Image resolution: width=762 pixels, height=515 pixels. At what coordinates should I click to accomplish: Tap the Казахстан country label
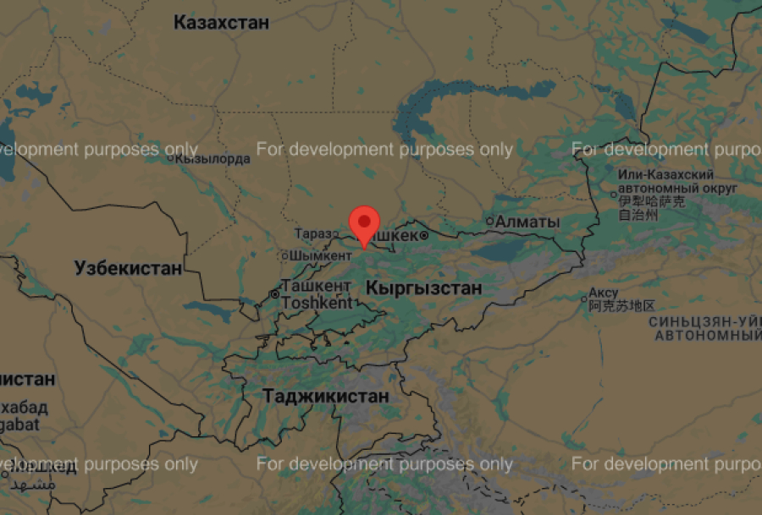[221, 23]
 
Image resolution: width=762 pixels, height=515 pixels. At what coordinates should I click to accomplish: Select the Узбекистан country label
[128, 269]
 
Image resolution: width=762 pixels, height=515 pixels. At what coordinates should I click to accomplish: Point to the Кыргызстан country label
[423, 288]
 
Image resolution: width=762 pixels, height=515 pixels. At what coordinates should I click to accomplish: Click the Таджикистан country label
[326, 396]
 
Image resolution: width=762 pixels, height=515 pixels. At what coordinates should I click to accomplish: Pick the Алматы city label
[527, 222]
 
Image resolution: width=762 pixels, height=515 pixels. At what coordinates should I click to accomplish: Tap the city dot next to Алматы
[489, 222]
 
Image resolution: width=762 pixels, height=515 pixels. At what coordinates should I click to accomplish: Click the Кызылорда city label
[213, 158]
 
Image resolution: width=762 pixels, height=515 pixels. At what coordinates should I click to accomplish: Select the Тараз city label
[312, 233]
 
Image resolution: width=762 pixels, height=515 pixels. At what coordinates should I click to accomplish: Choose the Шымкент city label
[320, 255]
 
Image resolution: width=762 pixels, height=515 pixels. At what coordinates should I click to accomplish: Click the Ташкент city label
[317, 286]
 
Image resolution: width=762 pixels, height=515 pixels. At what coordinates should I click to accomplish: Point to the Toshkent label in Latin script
[317, 302]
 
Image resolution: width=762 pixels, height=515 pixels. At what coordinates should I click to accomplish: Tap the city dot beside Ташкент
[274, 294]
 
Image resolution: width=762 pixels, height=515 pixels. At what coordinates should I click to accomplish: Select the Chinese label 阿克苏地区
[622, 306]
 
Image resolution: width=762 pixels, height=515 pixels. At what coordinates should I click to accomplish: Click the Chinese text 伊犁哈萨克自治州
[651, 209]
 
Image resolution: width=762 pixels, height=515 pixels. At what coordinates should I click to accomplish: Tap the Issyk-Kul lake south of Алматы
[508, 251]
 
